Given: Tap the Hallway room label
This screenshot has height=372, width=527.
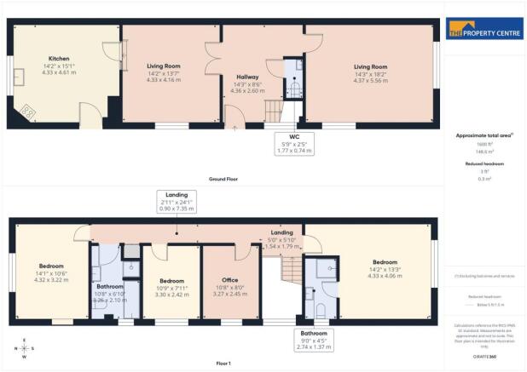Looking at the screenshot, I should (248, 77).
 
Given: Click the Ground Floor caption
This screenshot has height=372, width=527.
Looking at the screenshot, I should (224, 180).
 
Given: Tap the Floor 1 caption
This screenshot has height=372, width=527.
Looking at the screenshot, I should (224, 362).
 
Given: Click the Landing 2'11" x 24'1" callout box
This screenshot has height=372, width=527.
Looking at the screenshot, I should (177, 202).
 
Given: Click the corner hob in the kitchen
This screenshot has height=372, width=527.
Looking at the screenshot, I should (28, 112).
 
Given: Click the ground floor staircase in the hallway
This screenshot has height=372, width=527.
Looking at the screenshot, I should (271, 110).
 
